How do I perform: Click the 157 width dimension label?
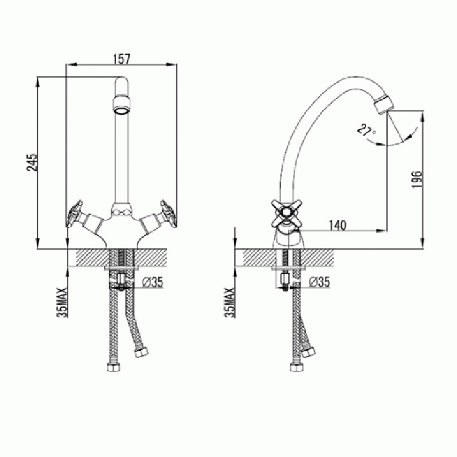click(121, 59)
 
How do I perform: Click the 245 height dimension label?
click(33, 162)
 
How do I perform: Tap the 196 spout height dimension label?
click(417, 179)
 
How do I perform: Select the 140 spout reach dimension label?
click(338, 225)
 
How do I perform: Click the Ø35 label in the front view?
click(153, 282)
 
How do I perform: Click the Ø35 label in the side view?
click(319, 282)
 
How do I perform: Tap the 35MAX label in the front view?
click(62, 302)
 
